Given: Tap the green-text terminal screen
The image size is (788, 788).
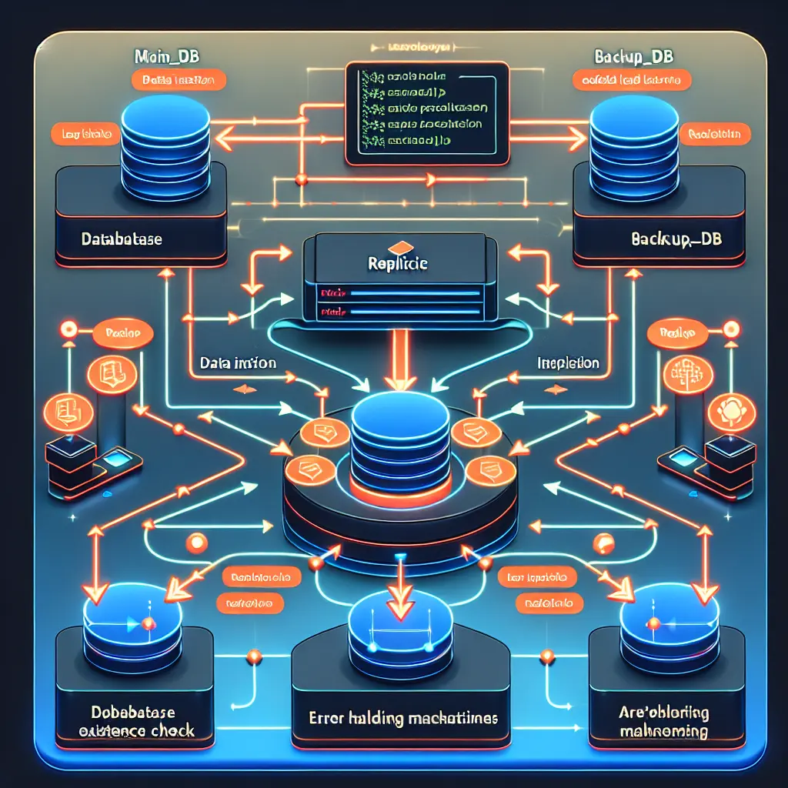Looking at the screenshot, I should click(x=427, y=114).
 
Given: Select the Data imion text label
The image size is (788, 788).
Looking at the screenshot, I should click(x=238, y=362).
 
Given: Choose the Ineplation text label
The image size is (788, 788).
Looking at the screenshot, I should click(x=568, y=362).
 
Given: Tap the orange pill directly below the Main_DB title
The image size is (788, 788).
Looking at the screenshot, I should click(x=178, y=79).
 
